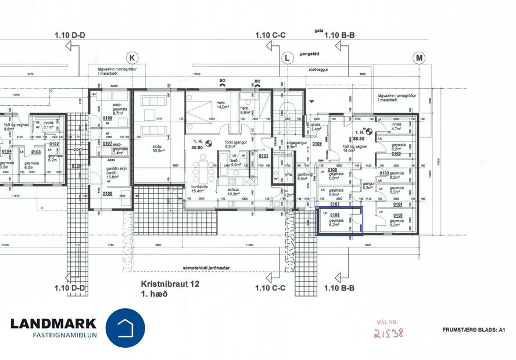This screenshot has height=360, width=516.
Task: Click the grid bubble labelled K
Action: pyautogui.click(x=132, y=58)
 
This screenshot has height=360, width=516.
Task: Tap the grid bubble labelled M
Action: pyautogui.click(x=419, y=57)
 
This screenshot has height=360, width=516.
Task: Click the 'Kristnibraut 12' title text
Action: pyautogui.click(x=170, y=284)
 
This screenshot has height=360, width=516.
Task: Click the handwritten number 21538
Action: pyautogui.click(x=389, y=333)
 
